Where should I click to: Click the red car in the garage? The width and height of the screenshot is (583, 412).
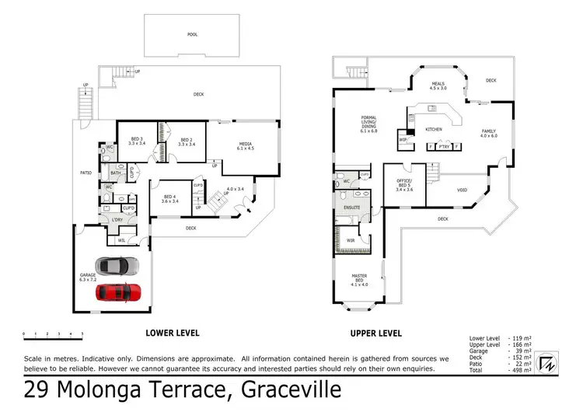coord(119,293)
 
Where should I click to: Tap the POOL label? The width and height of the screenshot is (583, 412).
coord(192,34)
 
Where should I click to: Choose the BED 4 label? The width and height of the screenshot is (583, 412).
coord(169,198)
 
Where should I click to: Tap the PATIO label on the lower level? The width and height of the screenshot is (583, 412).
coord(86,172)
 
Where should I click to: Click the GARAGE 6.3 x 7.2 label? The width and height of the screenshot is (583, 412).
coord(87,277)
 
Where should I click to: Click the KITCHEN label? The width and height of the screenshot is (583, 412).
coord(434,128)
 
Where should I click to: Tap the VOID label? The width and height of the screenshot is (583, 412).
coord(462,188)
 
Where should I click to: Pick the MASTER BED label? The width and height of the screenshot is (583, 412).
coord(358,279)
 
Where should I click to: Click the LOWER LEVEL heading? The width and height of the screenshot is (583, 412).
coord(173,333)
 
